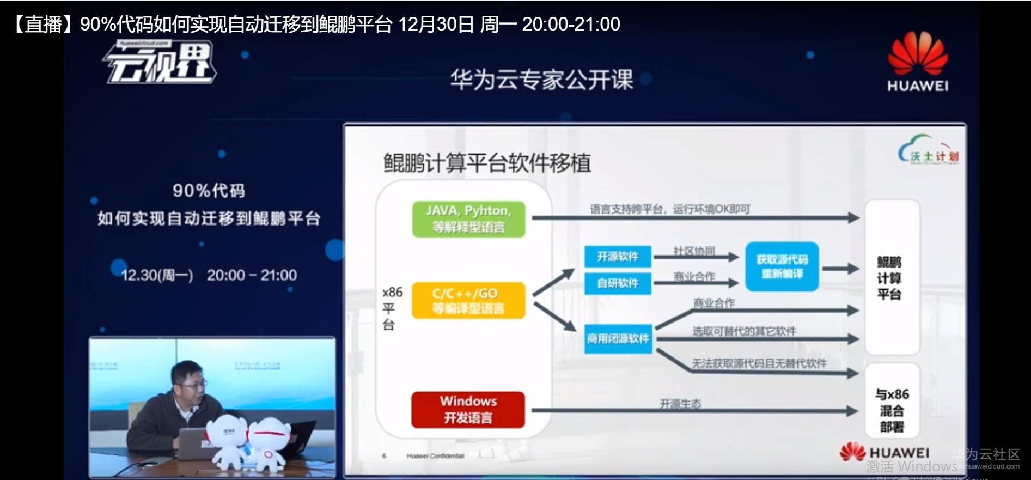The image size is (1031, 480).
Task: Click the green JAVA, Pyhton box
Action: [468, 219]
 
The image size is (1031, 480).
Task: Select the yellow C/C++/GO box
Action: [468, 301]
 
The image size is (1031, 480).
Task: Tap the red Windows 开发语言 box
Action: [468, 410]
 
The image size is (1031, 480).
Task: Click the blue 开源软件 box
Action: [618, 257]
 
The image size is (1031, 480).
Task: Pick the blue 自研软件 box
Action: [618, 283]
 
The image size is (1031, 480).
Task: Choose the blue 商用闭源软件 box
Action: [618, 339]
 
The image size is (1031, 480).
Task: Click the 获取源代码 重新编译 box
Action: [782, 266]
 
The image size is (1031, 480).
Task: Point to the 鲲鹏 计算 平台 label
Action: [889, 278]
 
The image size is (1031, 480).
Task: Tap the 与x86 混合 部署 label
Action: [892, 410]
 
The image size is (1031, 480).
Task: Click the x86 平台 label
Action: [392, 308]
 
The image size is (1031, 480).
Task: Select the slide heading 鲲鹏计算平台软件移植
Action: [487, 163]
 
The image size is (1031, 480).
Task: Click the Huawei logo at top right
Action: [918, 61]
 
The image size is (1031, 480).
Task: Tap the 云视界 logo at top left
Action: [160, 63]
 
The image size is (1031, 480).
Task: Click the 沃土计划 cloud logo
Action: [928, 151]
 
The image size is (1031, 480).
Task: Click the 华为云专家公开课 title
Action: [541, 80]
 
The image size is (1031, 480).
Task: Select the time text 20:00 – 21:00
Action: [252, 275]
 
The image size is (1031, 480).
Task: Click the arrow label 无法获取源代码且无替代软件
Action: [759, 363]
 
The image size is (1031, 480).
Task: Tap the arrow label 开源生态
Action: [680, 404]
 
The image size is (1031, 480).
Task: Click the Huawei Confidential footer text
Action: [435, 456]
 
